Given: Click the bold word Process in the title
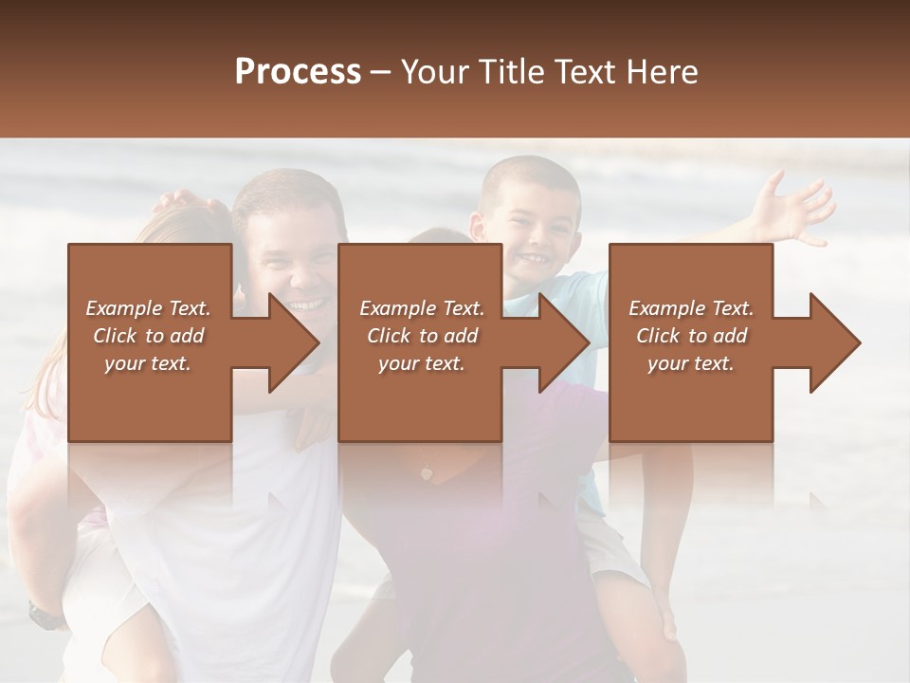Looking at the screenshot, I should pyautogui.click(x=298, y=72).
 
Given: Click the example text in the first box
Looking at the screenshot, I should pyautogui.click(x=148, y=336).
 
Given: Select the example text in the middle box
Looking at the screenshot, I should pyautogui.click(x=422, y=336).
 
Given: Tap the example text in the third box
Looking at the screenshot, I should pyautogui.click(x=691, y=336).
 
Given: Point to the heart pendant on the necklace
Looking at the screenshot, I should pyautogui.click(x=427, y=471).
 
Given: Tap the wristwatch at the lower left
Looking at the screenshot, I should pyautogui.click(x=45, y=617).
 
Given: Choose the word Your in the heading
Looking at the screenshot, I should pyautogui.click(x=434, y=72).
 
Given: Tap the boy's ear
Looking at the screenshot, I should pyautogui.click(x=478, y=228).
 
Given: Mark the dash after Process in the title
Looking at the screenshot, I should pyautogui.click(x=381, y=73).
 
